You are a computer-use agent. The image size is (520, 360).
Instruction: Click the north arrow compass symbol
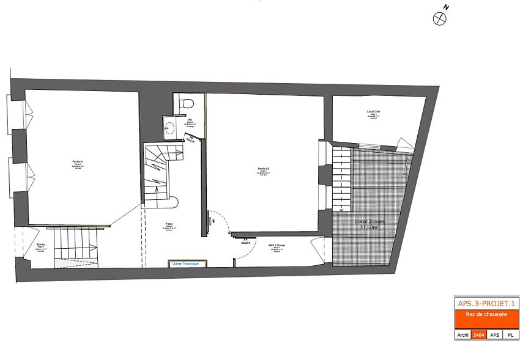pyautogui.click(x=440, y=18)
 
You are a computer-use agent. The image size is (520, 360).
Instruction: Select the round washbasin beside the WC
pyautogui.click(x=169, y=128)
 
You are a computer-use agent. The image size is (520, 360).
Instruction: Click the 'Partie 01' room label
pyautogui.click(x=78, y=161)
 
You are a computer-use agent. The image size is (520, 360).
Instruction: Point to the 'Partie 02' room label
pyautogui.click(x=264, y=169)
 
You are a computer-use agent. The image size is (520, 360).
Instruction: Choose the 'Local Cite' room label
pyautogui.click(x=374, y=111)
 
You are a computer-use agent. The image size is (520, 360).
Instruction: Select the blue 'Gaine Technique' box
pyautogui.click(x=185, y=263)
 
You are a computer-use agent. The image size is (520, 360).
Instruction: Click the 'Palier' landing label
pyautogui.click(x=169, y=224)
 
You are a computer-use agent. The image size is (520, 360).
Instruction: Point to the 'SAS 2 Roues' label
pyautogui.click(x=278, y=245)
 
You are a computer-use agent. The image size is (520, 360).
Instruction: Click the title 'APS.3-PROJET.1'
pyautogui.click(x=486, y=303)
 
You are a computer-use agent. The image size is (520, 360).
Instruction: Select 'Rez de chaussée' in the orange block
pyautogui.click(x=486, y=314)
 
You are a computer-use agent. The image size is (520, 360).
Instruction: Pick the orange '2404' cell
pyautogui.click(x=478, y=335)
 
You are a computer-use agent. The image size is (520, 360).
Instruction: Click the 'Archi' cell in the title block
pyautogui.click(x=463, y=335)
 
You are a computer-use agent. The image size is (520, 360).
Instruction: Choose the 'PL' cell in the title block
pyautogui.click(x=510, y=335)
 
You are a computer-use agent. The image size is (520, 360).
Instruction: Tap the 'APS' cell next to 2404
pyautogui.click(x=494, y=335)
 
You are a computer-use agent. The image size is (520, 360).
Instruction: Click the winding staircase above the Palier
pyautogui.click(x=162, y=168)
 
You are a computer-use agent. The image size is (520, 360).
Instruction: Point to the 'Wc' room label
pyautogui.click(x=190, y=119)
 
